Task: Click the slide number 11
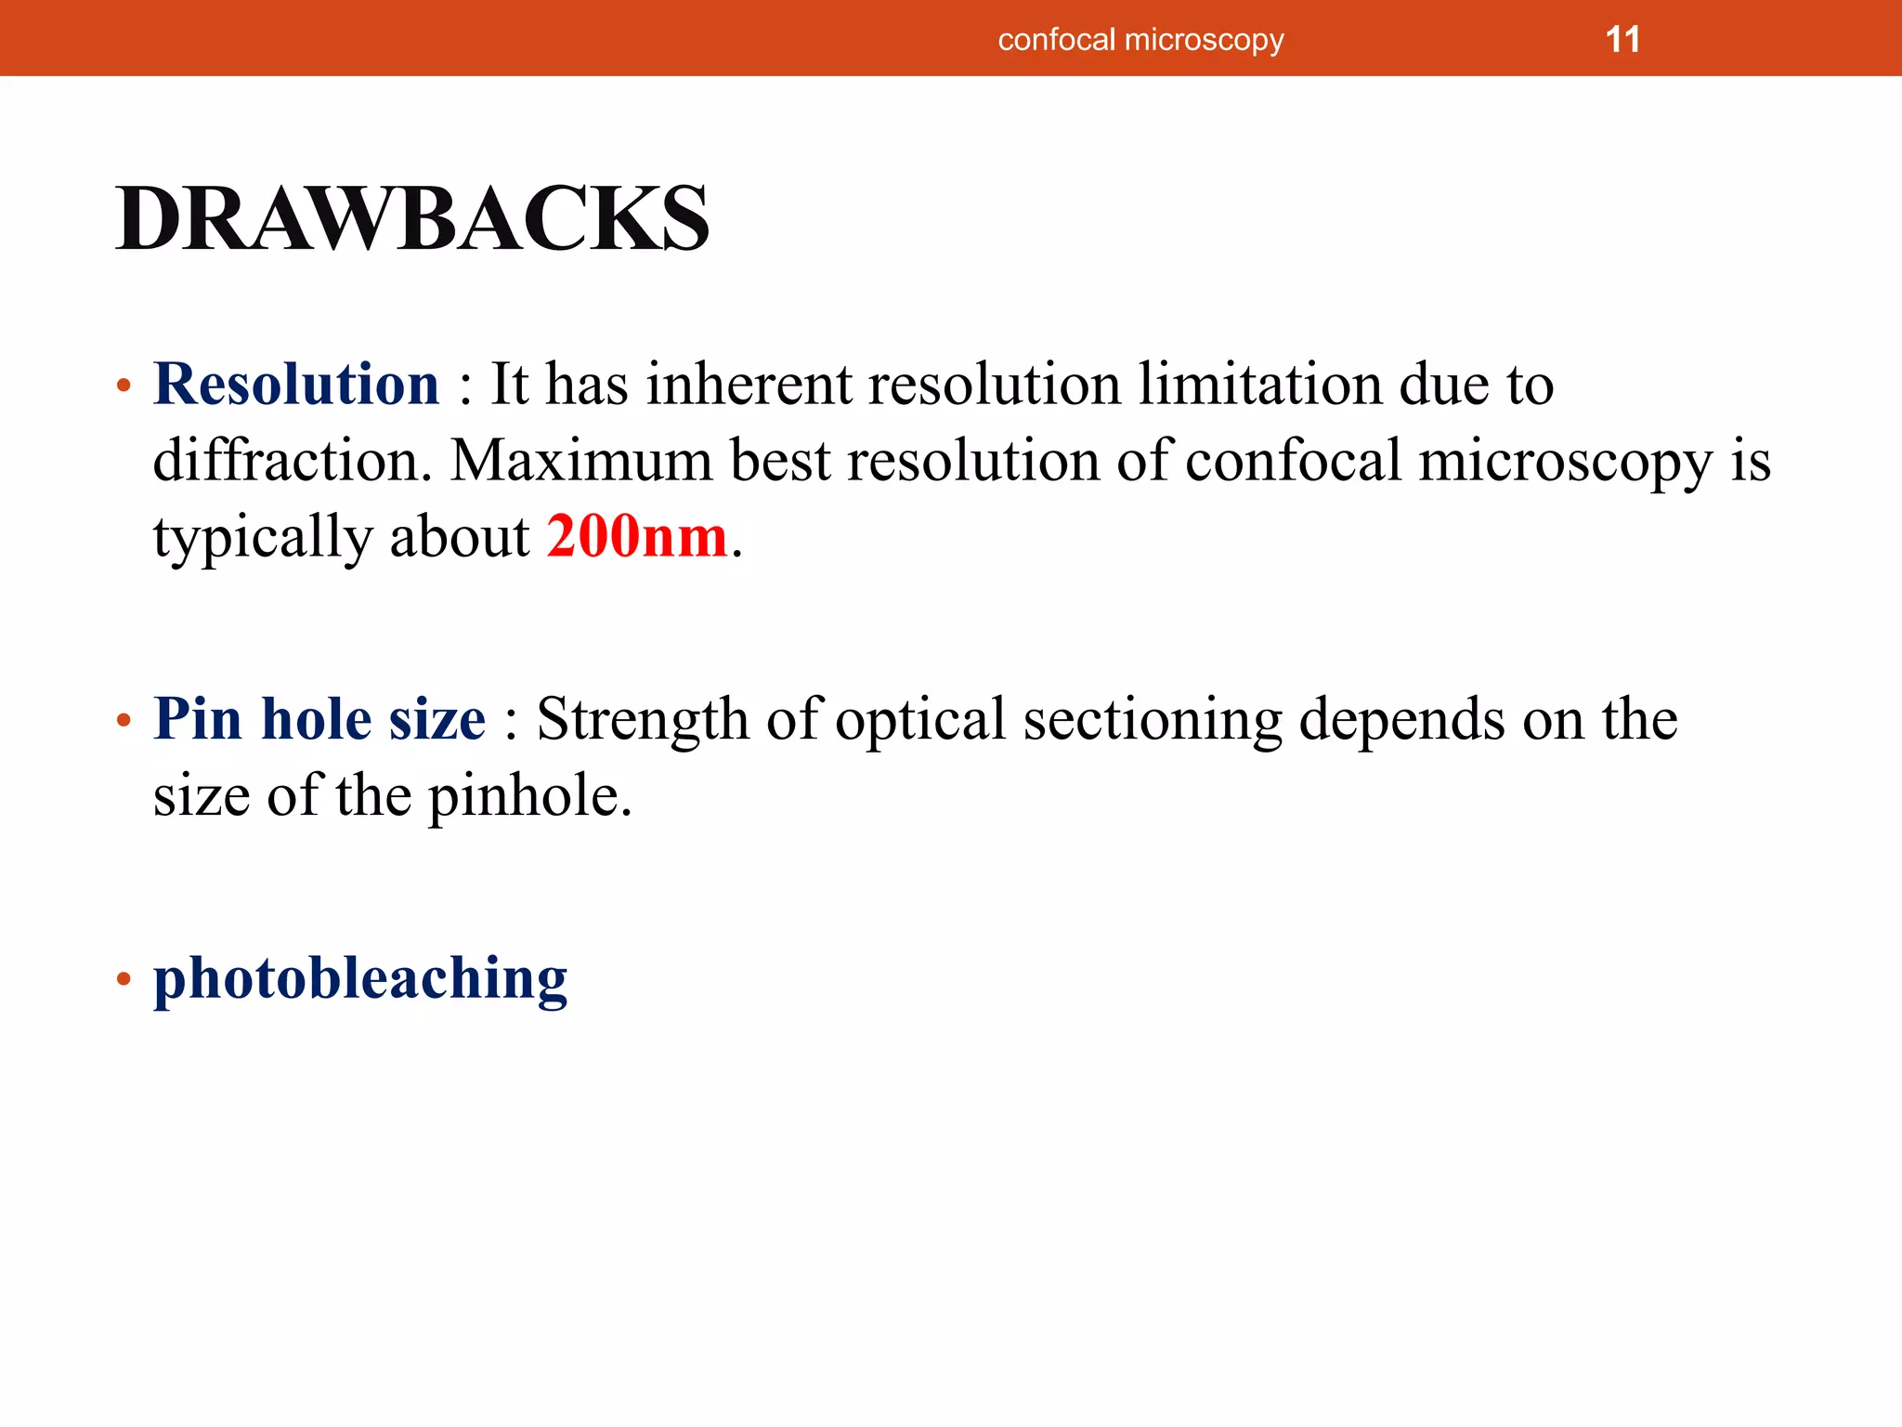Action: [x=1622, y=40]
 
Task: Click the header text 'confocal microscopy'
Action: [x=1140, y=40]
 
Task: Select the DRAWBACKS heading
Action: [x=412, y=219]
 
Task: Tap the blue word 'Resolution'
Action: [x=296, y=384]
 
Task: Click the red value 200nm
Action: [x=637, y=537]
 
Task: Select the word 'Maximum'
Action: [x=581, y=461]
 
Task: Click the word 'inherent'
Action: [x=749, y=384]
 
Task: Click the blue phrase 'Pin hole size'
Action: [x=319, y=719]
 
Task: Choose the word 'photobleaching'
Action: [x=360, y=979]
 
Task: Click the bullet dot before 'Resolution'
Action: [x=124, y=386]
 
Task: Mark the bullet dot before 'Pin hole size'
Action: [x=124, y=721]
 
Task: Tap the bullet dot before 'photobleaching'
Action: [x=124, y=979]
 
